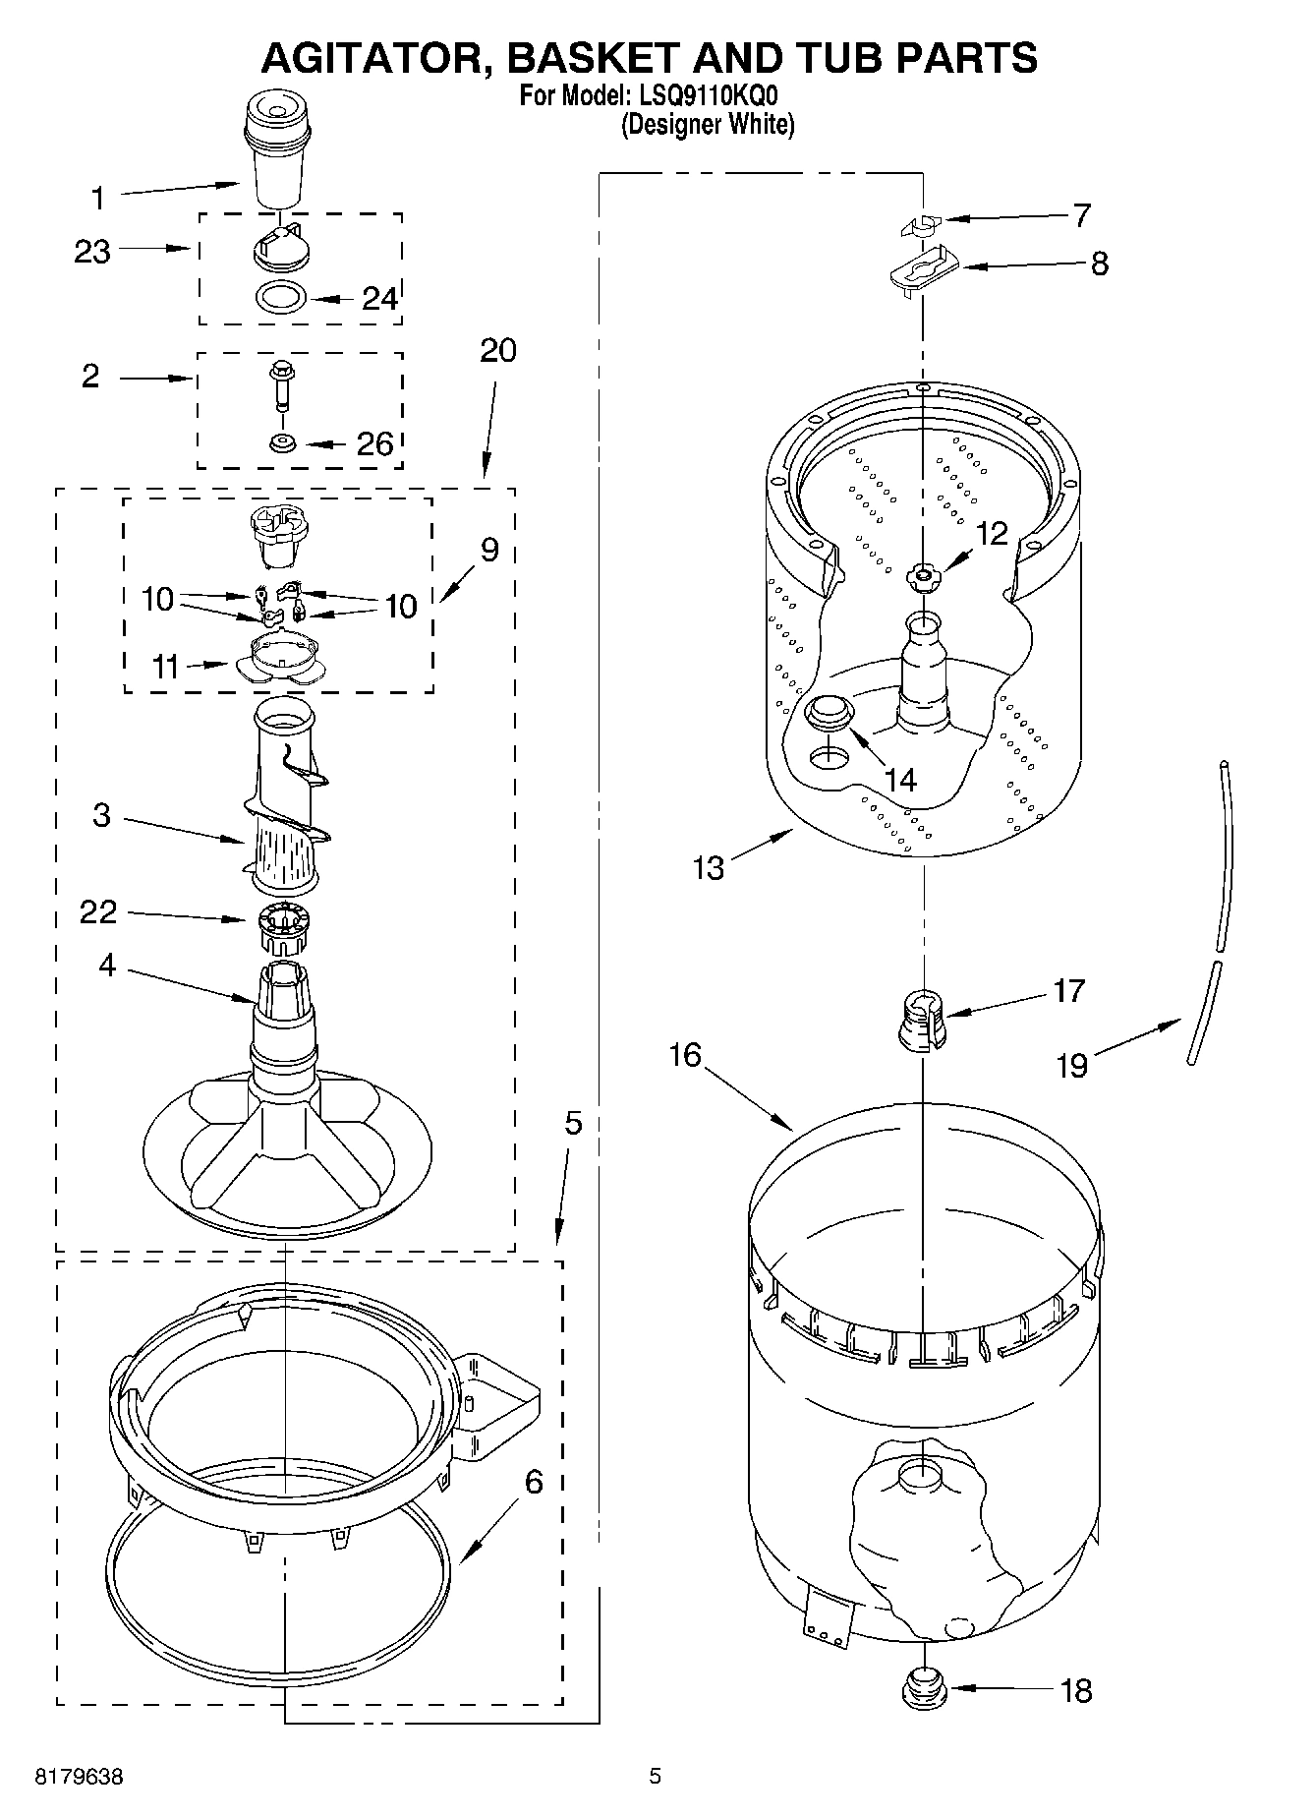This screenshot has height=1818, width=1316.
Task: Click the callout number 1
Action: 97,200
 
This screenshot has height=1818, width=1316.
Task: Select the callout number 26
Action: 373,444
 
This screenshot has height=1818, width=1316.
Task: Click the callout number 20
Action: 497,351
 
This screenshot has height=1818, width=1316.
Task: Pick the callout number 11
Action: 165,668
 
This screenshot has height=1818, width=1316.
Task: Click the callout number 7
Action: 1081,215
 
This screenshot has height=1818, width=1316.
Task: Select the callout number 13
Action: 708,867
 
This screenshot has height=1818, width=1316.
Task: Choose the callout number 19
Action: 1071,1065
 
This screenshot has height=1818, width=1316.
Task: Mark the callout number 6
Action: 533,1482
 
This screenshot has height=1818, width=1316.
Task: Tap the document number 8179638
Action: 80,1777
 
